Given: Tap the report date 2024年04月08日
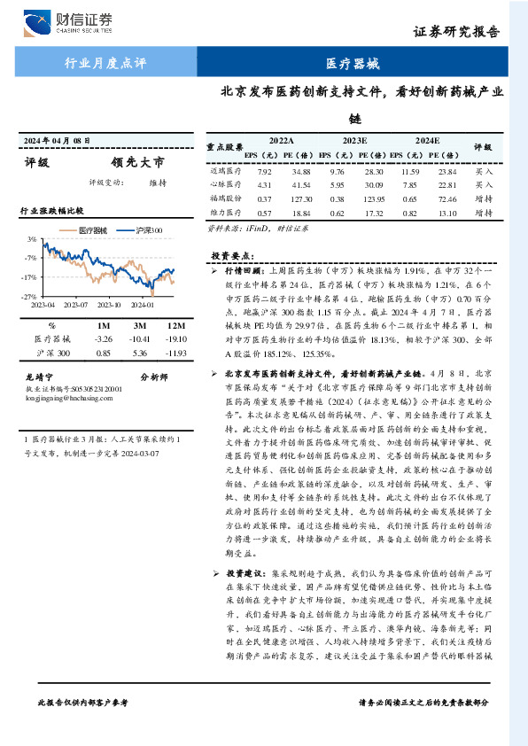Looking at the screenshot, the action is click(58, 142).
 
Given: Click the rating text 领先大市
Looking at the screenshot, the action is click(137, 163).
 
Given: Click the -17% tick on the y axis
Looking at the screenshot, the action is click(29, 276).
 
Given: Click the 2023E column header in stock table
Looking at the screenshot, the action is click(354, 140).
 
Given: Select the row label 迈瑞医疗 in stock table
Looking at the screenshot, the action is click(225, 170).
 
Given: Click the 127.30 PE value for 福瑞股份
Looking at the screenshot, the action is click(294, 198).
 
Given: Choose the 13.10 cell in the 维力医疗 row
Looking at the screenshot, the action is click(446, 213).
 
